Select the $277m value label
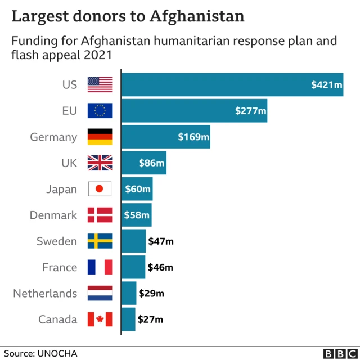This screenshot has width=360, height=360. coord(250,111)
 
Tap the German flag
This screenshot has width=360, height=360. coord(100,137)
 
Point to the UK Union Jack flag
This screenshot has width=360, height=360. coord(100,163)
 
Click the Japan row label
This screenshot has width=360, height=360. coord(61,189)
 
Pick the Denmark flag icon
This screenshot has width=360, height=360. coord(100,215)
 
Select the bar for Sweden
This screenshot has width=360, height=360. coord(133,241)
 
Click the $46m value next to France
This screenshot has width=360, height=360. coord(160,267)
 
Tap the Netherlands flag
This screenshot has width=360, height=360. coord(100,293)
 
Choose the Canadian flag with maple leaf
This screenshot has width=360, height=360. coord(100,319)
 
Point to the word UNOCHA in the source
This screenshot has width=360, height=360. coord(57,353)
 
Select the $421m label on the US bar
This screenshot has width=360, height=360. coord(326,85)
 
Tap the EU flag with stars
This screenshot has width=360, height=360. coord(100,111)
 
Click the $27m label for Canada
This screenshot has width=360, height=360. coord(151,319)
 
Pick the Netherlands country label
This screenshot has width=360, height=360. coord(45,293)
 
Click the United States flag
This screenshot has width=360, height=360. coord(100,85)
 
